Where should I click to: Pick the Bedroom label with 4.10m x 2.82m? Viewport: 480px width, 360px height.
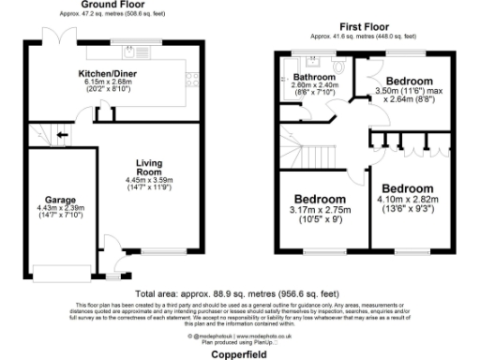click(x=407, y=188)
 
